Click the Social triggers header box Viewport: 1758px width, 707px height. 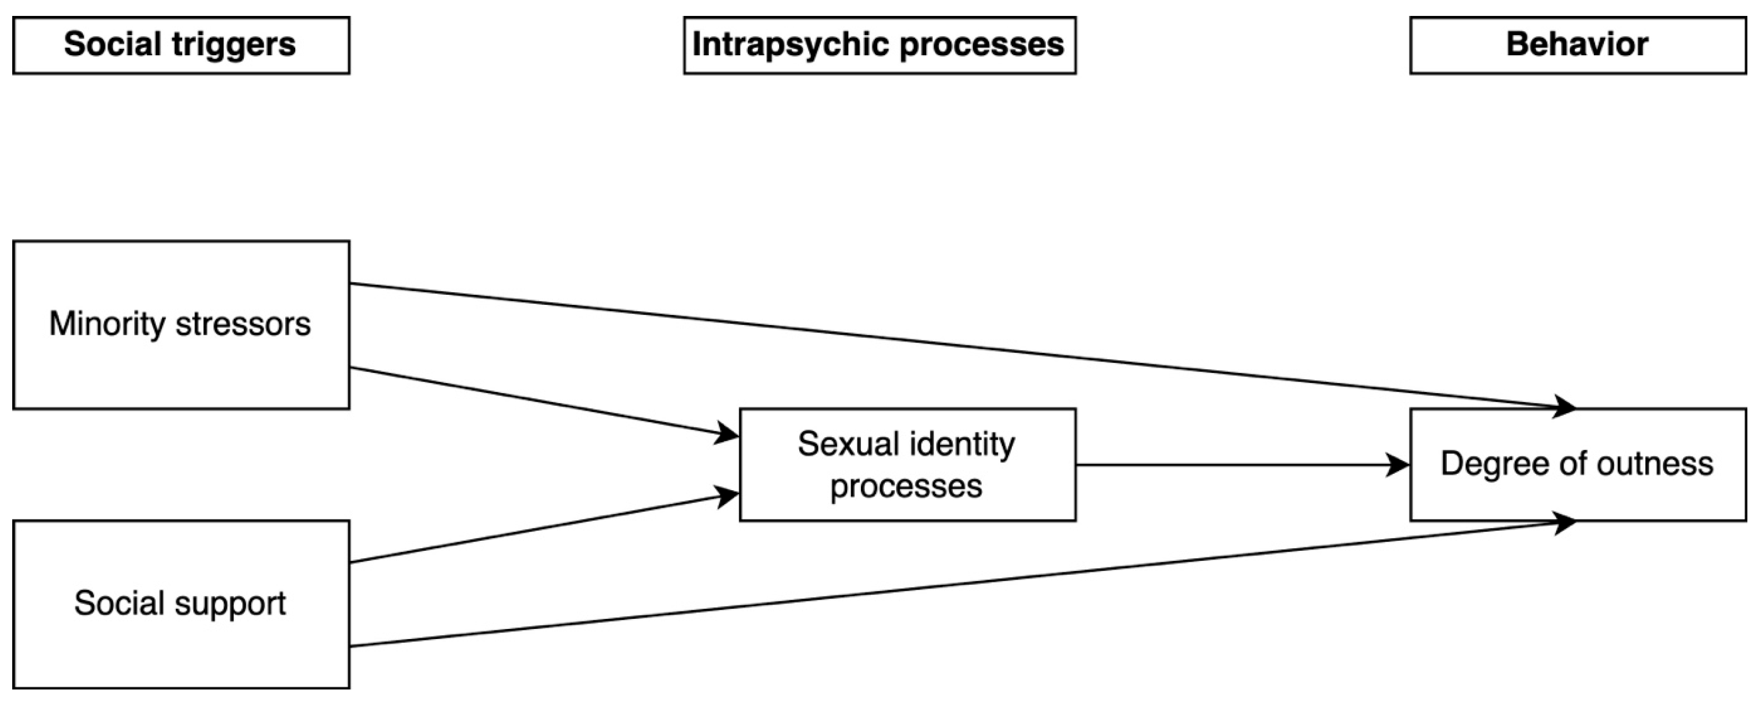coord(181,45)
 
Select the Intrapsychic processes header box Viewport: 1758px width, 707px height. coord(879,45)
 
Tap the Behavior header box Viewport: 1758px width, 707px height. coord(1577,45)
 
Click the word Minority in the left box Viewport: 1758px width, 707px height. coord(106,323)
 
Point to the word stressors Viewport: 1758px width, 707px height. coord(243,323)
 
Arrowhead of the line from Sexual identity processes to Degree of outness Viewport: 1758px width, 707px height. coord(1399,465)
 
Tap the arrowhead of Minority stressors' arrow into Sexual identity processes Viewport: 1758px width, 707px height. coord(728,433)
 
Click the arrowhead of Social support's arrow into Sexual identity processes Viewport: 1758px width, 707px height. coord(728,496)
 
